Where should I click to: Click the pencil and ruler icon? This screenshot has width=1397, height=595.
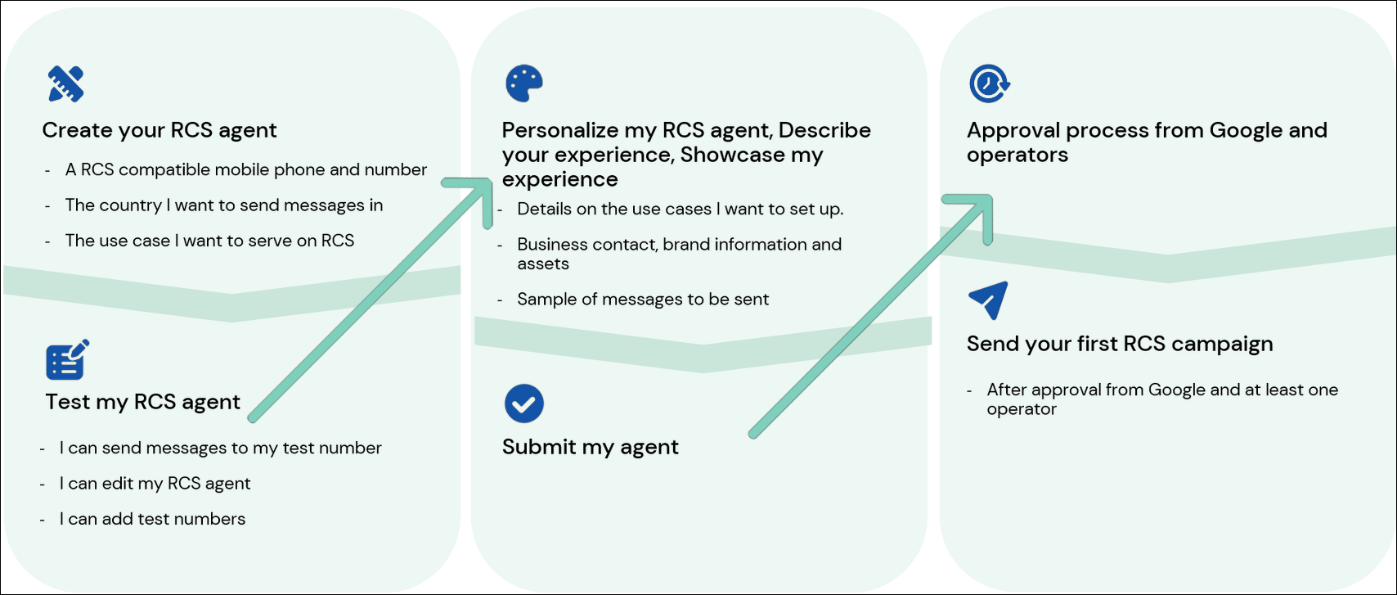point(66,83)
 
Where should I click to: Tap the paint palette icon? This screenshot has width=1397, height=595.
point(524,83)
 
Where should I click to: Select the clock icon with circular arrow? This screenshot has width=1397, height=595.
point(989,83)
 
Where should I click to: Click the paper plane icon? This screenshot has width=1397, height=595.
point(988,300)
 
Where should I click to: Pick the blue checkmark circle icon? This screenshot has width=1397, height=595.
point(524,403)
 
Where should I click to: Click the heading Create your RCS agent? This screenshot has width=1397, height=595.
point(159,130)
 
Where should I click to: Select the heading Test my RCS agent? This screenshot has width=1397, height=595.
point(143,402)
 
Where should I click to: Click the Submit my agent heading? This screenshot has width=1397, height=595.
point(590,447)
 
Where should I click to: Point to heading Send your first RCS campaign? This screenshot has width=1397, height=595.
point(1119,344)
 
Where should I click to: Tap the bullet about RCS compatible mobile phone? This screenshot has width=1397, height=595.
point(245,169)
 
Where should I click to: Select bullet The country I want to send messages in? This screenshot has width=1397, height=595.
point(223,205)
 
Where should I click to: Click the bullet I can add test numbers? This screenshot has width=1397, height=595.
point(152,519)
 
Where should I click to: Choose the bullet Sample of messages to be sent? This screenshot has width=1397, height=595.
point(643,300)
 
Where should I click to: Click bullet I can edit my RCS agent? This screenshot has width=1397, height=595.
point(155,484)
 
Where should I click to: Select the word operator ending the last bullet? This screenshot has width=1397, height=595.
point(1022,409)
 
